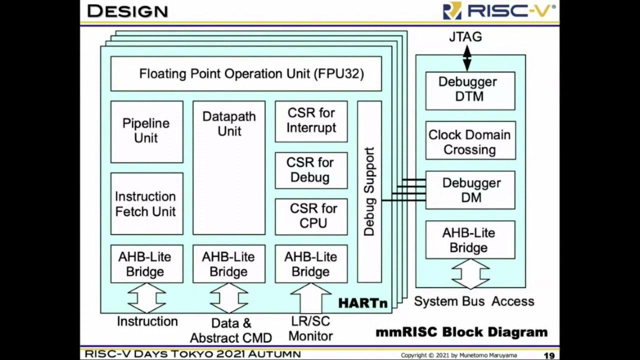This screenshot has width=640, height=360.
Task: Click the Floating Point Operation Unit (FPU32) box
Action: [245, 73]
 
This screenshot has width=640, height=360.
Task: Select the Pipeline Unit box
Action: [146, 131]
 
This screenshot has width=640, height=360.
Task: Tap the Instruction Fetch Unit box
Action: [146, 203]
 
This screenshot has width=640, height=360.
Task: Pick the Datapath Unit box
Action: [229, 167]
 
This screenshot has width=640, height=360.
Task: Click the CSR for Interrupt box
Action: [311, 121]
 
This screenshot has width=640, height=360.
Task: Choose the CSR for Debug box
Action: [311, 170]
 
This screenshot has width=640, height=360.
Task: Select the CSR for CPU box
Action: [311, 216]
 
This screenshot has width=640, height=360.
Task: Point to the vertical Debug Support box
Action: [369, 191]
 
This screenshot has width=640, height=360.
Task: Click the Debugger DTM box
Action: [470, 90]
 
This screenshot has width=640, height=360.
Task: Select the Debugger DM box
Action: [470, 190]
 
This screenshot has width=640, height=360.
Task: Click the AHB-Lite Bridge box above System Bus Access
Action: [470, 240]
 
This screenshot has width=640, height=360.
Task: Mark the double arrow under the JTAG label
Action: [467, 58]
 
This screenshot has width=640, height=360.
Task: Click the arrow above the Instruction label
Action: [146, 298]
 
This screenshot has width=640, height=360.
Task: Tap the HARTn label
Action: [362, 303]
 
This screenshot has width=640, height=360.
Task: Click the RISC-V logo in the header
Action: [499, 11]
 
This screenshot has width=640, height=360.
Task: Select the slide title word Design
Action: [127, 11]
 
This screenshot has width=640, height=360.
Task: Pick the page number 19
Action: [549, 355]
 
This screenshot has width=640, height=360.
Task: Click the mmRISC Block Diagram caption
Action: [461, 332]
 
